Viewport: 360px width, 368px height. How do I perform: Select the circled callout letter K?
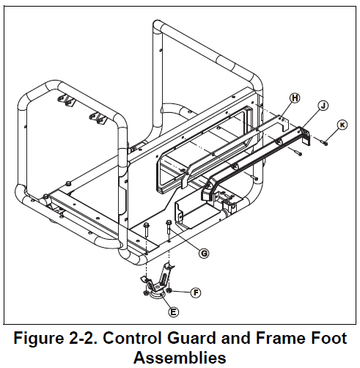(342, 125)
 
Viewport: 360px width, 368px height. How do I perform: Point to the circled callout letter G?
(204, 253)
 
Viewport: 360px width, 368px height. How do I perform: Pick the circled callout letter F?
(195, 292)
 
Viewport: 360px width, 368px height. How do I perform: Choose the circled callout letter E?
(174, 311)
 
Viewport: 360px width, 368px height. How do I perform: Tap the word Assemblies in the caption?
(179, 358)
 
